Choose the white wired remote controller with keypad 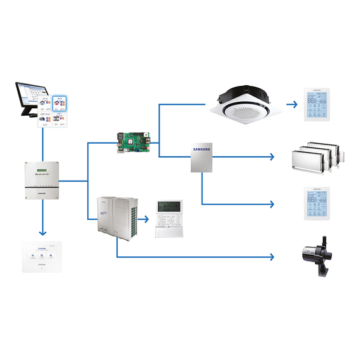tap(169, 219)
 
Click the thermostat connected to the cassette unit tap(318, 104)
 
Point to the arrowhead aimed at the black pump tap(272, 257)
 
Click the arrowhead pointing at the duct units tap(272, 156)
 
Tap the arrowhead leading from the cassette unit tap(293, 103)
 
